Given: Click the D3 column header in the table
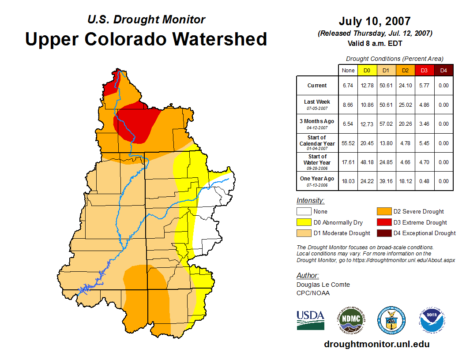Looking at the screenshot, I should pyautogui.click(x=424, y=70).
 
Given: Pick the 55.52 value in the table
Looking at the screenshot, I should pyautogui.click(x=348, y=143).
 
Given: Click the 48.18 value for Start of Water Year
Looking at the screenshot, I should pyautogui.click(x=367, y=162).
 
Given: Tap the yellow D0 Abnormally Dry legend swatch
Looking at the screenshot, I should pyautogui.click(x=304, y=222).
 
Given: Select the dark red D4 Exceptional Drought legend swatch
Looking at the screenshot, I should pyautogui.click(x=383, y=233).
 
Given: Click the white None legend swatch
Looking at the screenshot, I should pyautogui.click(x=304, y=212).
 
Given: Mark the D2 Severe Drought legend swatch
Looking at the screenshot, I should pyautogui.click(x=383, y=212).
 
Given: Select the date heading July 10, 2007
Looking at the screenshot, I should pyautogui.click(x=375, y=21).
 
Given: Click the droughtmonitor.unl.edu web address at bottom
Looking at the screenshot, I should pyautogui.click(x=376, y=344).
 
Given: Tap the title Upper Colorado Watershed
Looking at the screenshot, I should pyautogui.click(x=146, y=39).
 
